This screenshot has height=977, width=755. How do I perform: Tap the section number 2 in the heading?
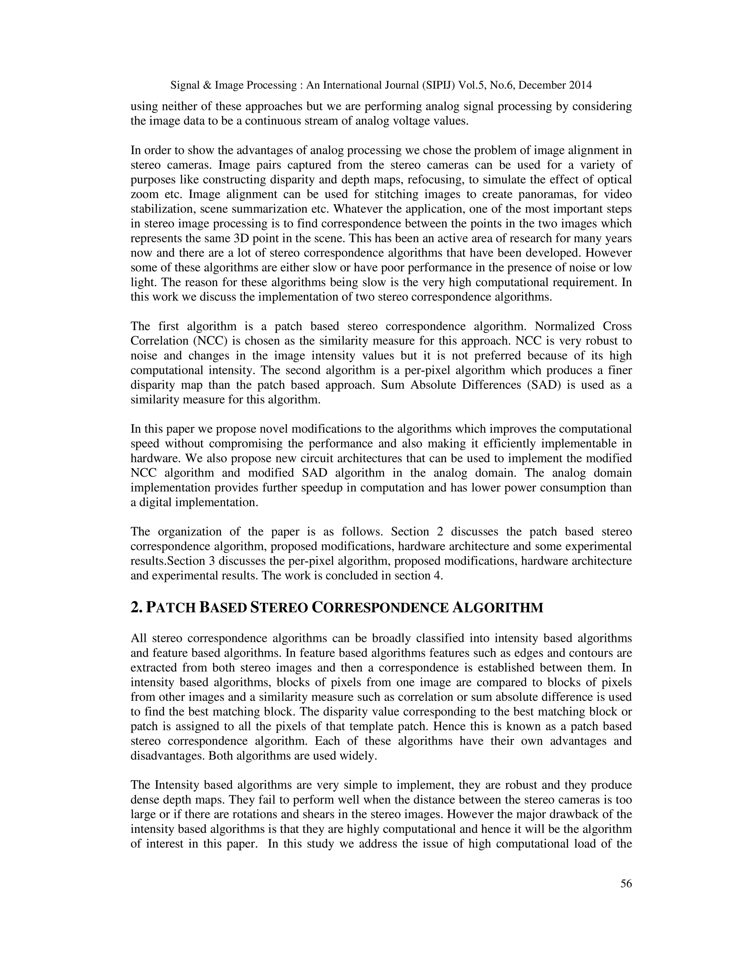pyautogui.click(x=135, y=608)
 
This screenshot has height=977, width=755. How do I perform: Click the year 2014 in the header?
pyautogui.click(x=580, y=85)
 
